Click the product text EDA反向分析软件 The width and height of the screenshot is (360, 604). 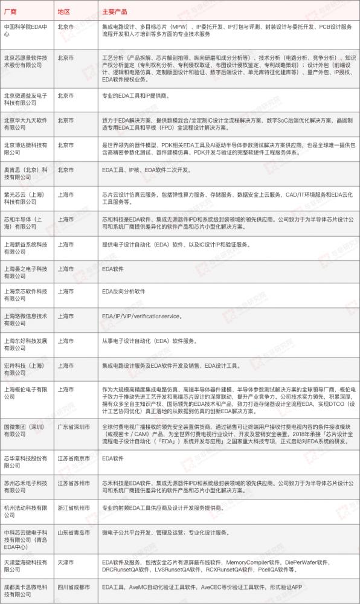(x=124, y=291)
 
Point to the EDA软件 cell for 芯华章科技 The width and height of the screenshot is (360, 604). (x=113, y=458)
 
